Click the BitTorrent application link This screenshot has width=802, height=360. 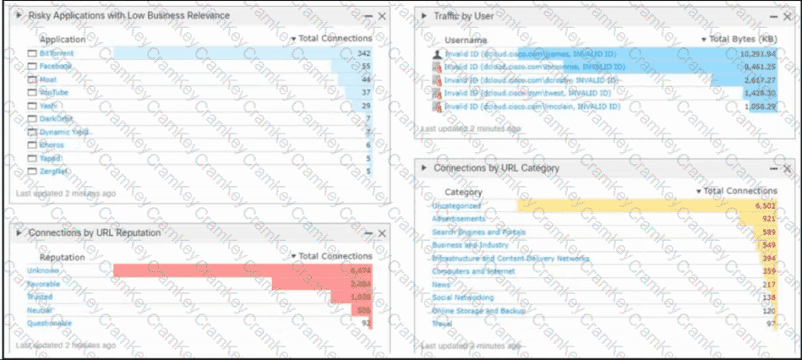[56, 53]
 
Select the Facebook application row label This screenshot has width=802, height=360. [56, 66]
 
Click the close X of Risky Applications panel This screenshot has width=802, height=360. [382, 16]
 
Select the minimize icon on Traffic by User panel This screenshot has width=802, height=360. [772, 16]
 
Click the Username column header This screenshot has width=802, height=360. [466, 40]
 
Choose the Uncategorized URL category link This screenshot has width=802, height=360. [456, 205]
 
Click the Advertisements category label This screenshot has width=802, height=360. [459, 219]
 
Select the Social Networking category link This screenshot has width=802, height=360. [462, 297]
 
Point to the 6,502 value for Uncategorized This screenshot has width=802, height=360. [763, 205]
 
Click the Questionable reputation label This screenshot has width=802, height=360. [50, 323]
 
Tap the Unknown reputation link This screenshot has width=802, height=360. [43, 270]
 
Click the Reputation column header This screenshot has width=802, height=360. [63, 257]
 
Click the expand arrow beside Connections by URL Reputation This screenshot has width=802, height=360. [19, 232]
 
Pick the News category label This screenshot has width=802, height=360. [442, 285]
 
